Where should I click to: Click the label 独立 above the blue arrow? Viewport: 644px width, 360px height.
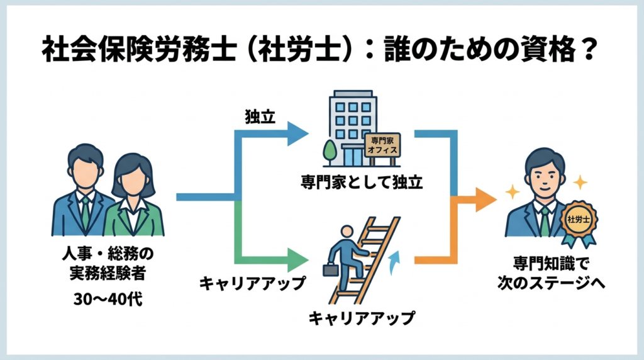(x=260, y=118)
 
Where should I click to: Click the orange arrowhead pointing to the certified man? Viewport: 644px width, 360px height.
(x=484, y=200)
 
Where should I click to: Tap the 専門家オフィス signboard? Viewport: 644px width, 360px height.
(x=382, y=146)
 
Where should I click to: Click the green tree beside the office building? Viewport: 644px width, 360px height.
(x=330, y=152)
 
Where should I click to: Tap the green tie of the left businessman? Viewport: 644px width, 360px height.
(x=85, y=213)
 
